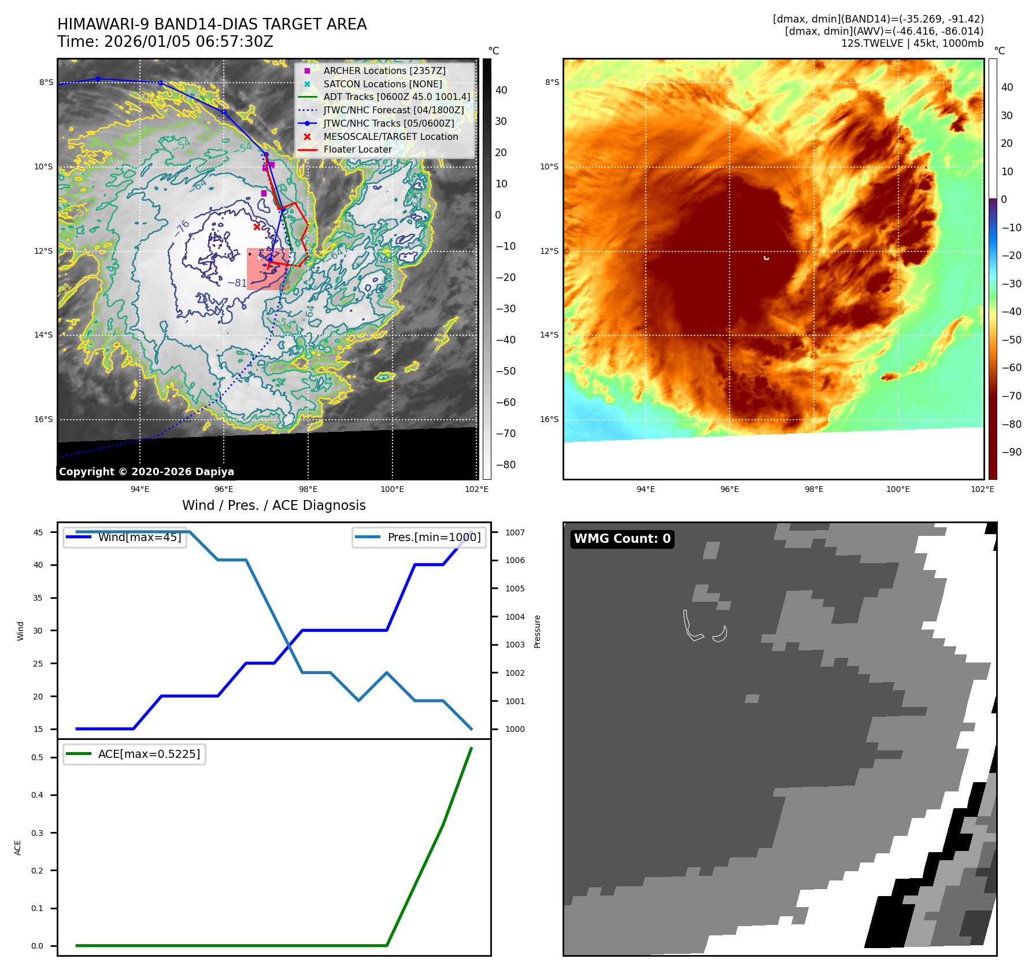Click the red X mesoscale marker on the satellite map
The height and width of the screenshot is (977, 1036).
pos(257,227)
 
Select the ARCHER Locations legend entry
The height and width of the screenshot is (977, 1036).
pos(384,71)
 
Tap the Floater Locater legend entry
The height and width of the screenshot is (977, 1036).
pos(357,149)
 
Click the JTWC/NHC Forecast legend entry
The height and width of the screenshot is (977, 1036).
pos(393,110)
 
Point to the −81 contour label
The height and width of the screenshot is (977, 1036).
pos(237,283)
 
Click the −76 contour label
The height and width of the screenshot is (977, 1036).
pos(182,228)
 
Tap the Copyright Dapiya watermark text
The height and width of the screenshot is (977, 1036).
pos(146,472)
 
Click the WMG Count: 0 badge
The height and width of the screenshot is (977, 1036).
pos(622,539)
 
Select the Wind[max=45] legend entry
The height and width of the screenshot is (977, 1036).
pos(139,537)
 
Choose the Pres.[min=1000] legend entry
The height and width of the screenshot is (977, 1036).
pos(434,537)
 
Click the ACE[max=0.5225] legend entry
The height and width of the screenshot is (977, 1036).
pos(149,754)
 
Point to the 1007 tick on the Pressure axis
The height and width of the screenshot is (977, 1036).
pos(515,532)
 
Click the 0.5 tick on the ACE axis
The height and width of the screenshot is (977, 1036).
pos(37,757)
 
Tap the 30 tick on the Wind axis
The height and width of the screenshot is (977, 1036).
pos(38,631)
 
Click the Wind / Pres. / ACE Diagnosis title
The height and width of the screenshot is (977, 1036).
pos(274,505)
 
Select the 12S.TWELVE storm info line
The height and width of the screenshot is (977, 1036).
pos(912,43)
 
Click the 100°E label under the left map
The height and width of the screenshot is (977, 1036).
pos(392,489)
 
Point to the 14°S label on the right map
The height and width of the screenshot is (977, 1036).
pos(549,335)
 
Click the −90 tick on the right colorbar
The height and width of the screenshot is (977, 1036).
pos(1011,452)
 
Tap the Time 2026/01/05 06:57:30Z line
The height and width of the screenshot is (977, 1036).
pos(165,42)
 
